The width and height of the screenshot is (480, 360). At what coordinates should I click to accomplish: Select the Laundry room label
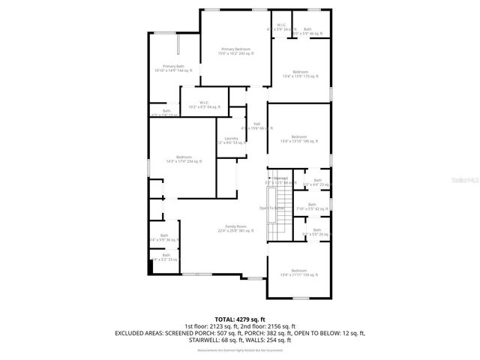click(231, 139)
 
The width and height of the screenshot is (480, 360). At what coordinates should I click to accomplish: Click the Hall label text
click(256, 124)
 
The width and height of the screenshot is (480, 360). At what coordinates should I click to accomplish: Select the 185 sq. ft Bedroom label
click(299, 138)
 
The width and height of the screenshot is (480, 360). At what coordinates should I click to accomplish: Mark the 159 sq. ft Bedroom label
click(299, 271)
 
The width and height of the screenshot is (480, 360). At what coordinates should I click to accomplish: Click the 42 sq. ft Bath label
click(312, 205)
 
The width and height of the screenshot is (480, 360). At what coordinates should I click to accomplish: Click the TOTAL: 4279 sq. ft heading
click(240, 319)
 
